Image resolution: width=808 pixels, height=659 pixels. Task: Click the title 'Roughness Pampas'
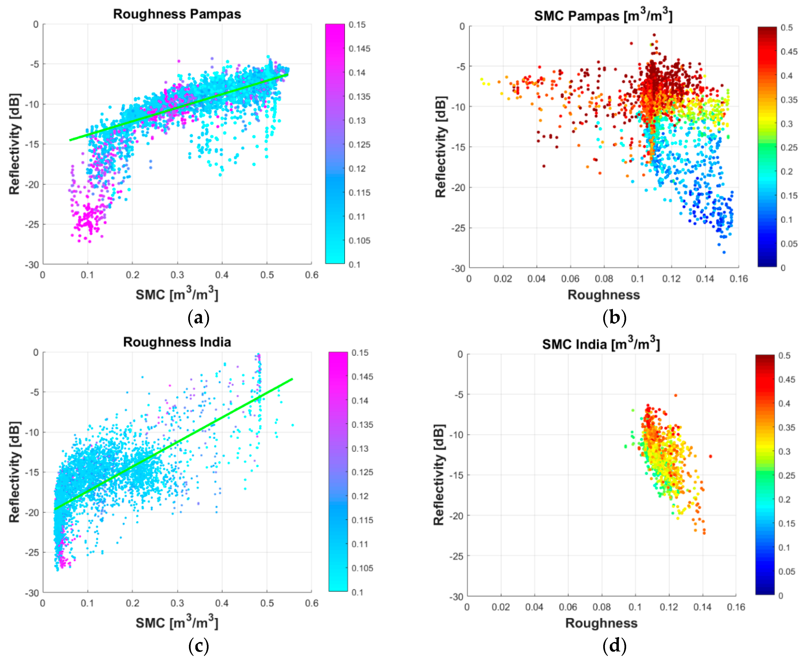[177, 14]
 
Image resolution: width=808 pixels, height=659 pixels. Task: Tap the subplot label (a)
[198, 317]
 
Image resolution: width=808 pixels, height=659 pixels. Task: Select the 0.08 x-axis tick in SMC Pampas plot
[604, 279]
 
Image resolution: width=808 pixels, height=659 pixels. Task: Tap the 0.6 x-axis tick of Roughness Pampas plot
[311, 275]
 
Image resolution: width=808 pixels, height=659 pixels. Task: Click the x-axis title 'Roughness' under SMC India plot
[601, 623]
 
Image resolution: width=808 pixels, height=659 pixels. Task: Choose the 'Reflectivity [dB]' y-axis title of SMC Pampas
[441, 147]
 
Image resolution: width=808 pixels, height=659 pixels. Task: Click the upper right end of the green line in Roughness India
[292, 379]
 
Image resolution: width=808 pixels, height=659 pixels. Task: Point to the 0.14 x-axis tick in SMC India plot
[702, 607]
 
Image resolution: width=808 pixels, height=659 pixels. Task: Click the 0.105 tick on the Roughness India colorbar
[362, 568]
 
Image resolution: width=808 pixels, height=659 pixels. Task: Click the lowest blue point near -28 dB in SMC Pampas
[724, 252]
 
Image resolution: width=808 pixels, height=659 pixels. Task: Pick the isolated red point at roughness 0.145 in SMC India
[710, 456]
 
